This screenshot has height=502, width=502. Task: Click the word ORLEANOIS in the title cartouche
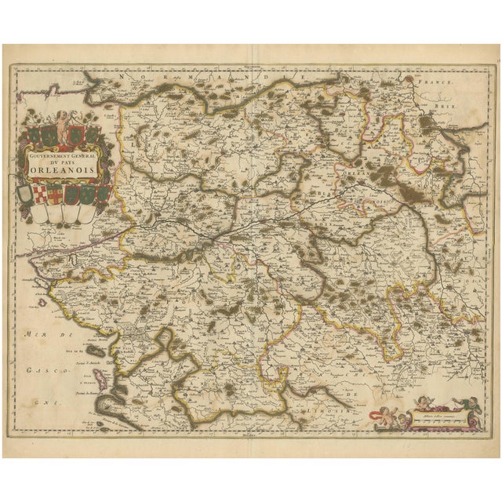point(64,167)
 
